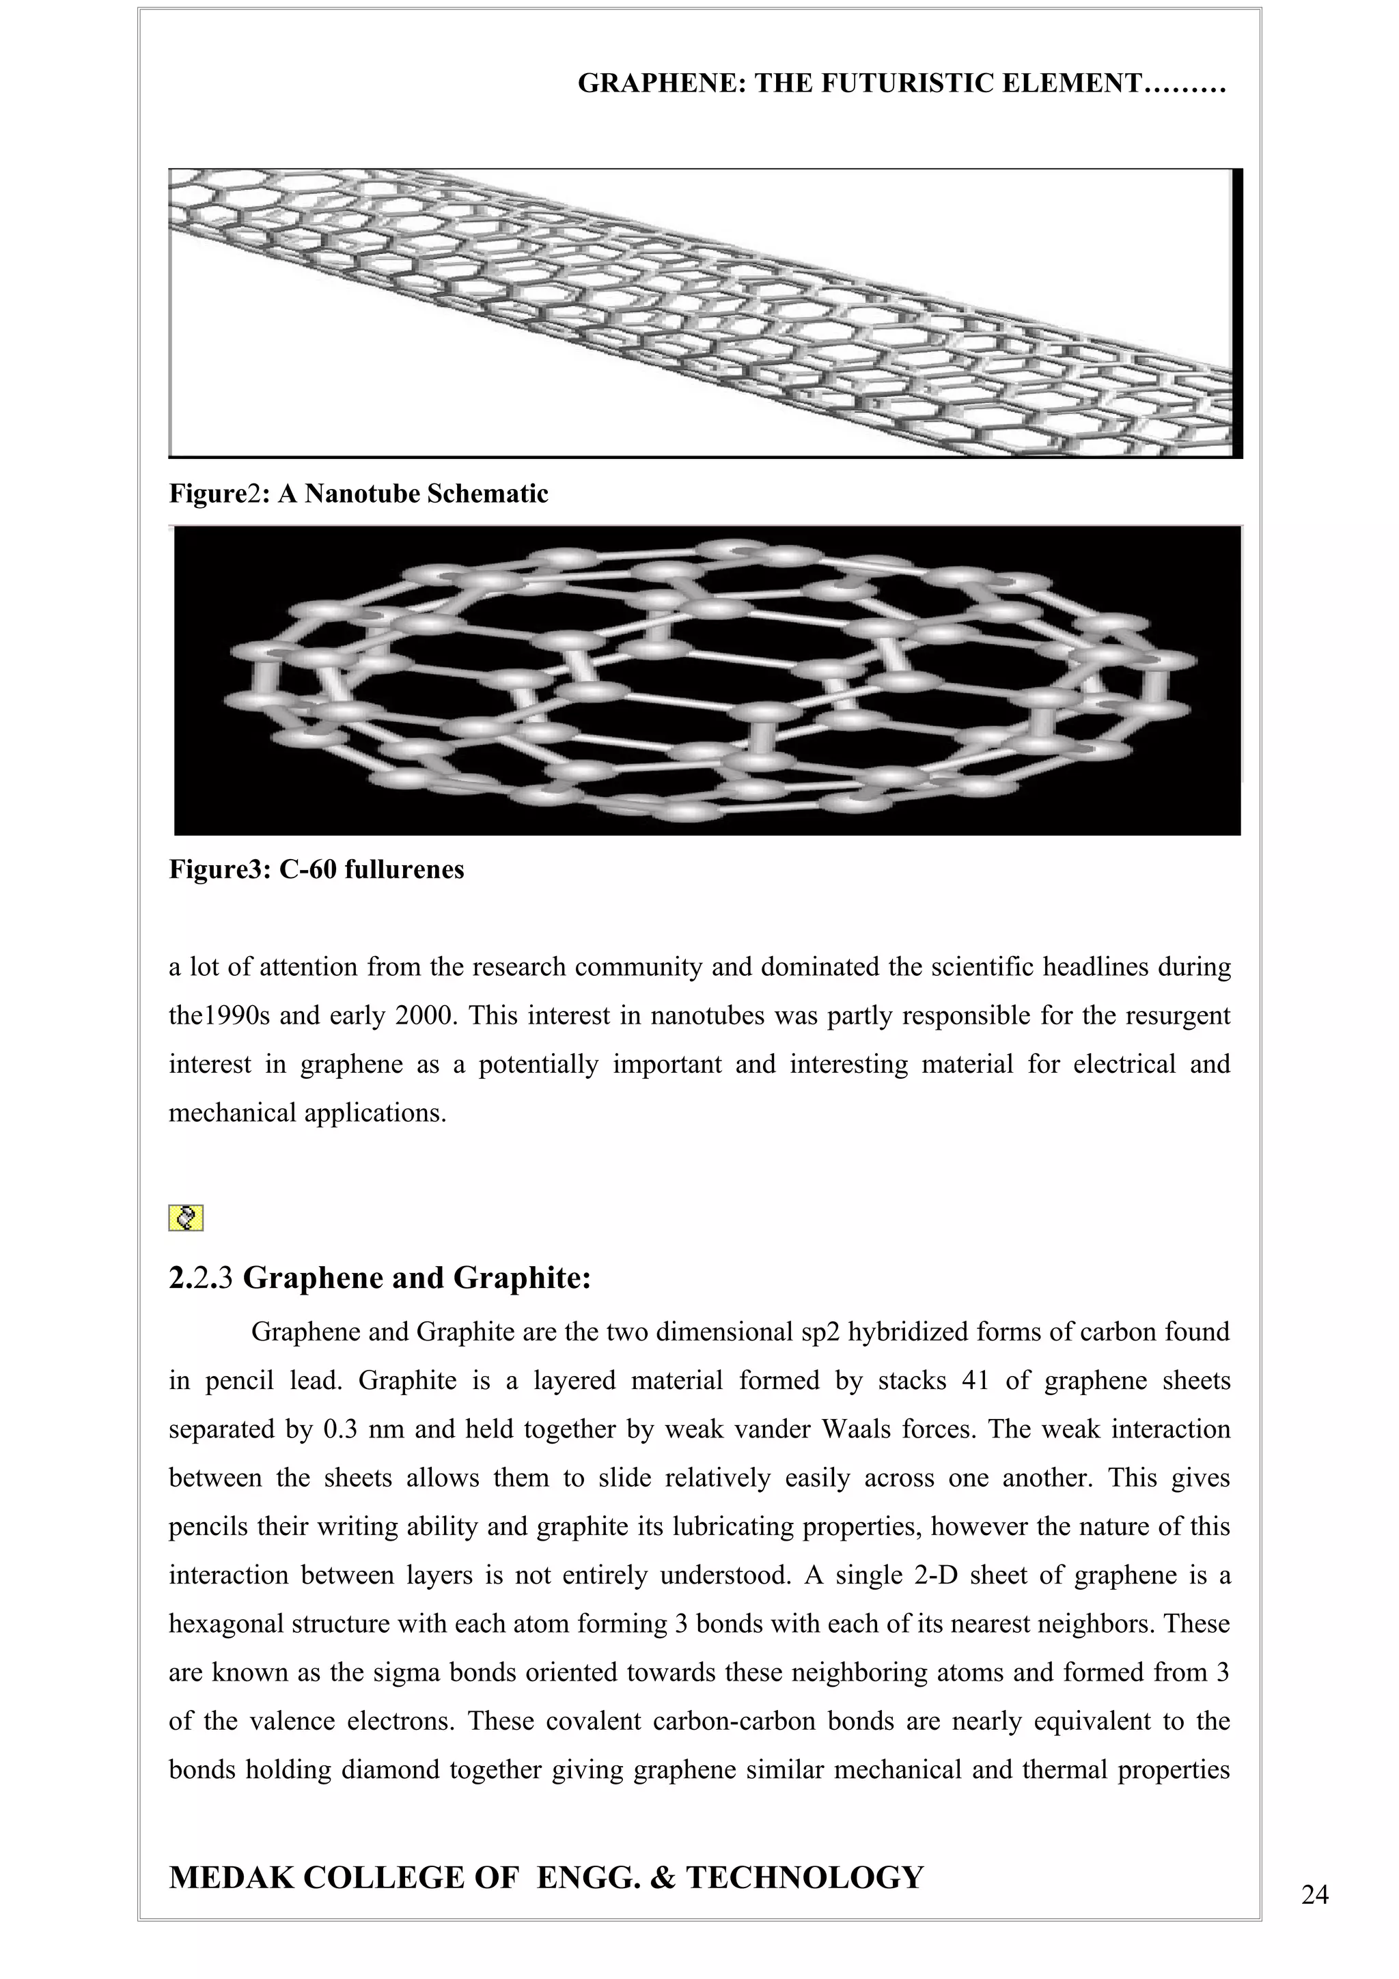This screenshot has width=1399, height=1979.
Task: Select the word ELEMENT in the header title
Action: [x=1083, y=83]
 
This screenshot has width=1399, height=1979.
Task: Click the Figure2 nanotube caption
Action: [x=359, y=494]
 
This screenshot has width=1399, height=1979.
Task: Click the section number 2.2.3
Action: [x=201, y=1278]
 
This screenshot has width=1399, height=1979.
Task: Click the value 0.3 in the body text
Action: [x=338, y=1429]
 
